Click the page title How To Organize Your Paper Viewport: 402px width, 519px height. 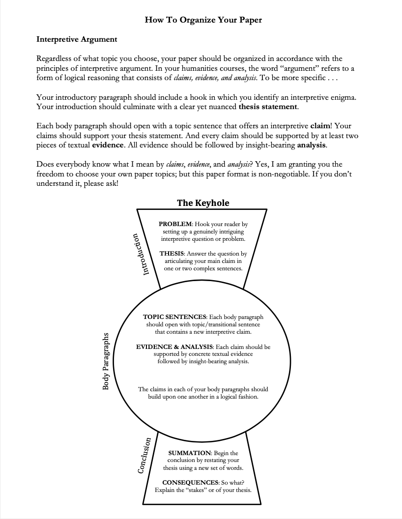pyautogui.click(x=203, y=20)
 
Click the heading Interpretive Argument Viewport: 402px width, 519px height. pyautogui.click(x=77, y=39)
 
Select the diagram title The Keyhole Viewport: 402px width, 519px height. pyautogui.click(x=203, y=202)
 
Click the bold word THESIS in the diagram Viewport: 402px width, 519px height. pyautogui.click(x=171, y=254)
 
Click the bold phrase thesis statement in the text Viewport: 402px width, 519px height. pyautogui.click(x=268, y=107)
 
